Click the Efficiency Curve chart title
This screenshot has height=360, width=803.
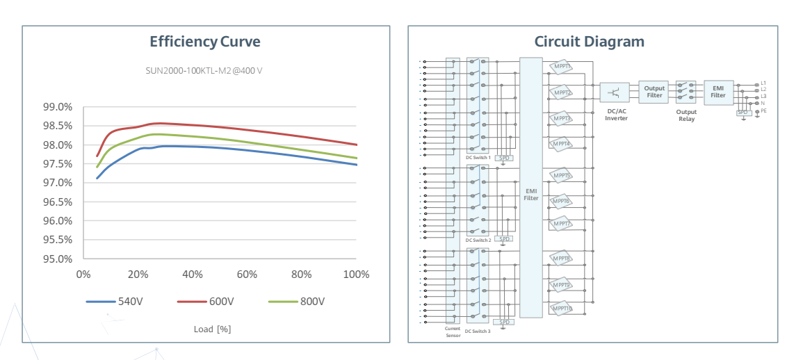[205, 42]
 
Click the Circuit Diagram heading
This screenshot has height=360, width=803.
[589, 42]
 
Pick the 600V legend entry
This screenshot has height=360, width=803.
[205, 302]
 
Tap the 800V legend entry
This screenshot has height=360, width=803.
[297, 302]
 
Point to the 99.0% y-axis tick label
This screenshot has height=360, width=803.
[58, 107]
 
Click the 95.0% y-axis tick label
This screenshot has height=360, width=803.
[58, 259]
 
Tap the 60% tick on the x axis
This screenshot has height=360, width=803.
[247, 275]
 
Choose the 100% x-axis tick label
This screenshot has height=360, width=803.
[356, 275]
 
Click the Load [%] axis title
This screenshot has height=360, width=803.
[212, 329]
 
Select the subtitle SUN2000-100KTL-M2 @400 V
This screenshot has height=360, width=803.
[204, 71]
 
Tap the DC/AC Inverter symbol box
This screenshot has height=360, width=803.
[615, 92]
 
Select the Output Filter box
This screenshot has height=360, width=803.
[654, 92]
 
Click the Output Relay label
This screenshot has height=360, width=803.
[686, 115]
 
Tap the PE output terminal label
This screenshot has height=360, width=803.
[764, 111]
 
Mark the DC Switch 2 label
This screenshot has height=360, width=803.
[478, 240]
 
